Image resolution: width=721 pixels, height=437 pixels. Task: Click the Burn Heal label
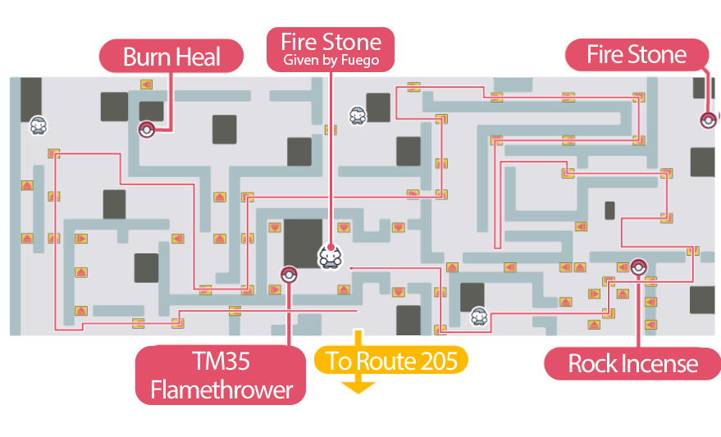click(x=171, y=57)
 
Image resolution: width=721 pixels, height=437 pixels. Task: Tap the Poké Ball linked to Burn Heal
click(x=146, y=128)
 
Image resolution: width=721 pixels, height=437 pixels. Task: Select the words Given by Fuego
click(x=331, y=61)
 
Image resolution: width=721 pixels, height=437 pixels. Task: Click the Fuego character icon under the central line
click(x=329, y=257)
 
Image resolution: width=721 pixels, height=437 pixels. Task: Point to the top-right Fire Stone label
click(x=637, y=55)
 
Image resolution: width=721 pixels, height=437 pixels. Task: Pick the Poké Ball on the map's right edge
click(x=708, y=121)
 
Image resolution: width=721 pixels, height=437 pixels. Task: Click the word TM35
click(x=221, y=363)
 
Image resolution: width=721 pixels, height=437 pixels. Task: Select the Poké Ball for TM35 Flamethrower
click(x=288, y=274)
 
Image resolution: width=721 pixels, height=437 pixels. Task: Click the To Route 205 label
click(x=391, y=360)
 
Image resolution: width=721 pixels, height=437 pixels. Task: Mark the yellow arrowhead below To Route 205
click(x=358, y=385)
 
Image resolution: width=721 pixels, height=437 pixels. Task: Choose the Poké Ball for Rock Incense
click(x=639, y=265)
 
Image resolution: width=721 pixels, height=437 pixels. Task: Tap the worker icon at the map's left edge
click(x=38, y=125)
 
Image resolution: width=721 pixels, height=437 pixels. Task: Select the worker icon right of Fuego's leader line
click(x=357, y=116)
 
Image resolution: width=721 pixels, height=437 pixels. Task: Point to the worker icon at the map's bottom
click(x=479, y=316)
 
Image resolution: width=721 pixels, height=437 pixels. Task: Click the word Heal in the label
click(x=201, y=57)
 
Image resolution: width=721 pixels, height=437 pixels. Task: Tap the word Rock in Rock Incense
click(x=587, y=363)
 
